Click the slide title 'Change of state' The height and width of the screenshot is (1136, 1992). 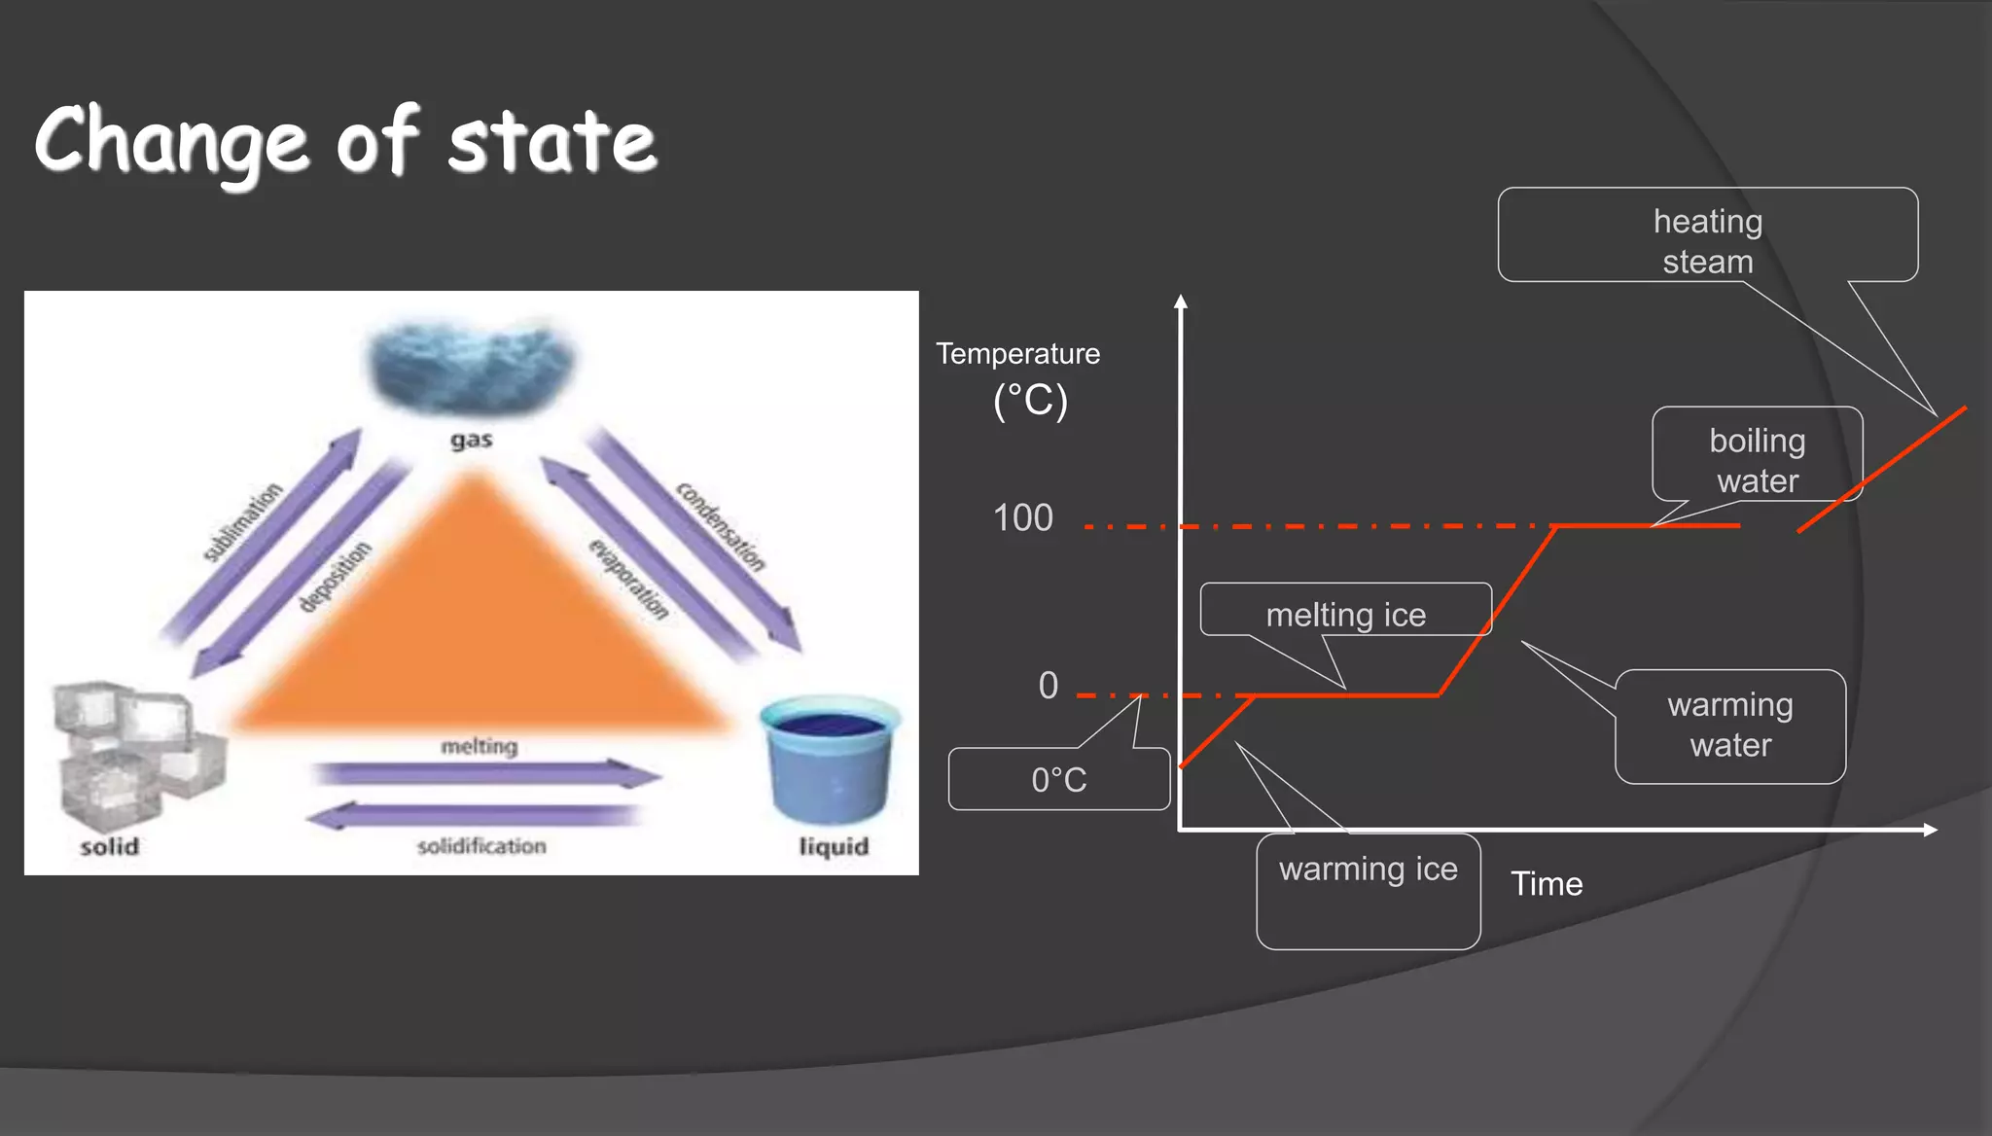(x=345, y=141)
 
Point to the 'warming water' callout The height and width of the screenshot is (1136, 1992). (x=1729, y=725)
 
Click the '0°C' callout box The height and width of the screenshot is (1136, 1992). (x=1058, y=779)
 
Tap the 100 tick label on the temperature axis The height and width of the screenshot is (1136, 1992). (x=1022, y=517)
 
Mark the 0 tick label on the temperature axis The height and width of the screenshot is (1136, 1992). (x=1048, y=686)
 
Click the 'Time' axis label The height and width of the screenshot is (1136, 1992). (x=1546, y=883)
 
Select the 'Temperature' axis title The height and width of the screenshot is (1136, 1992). (x=1017, y=354)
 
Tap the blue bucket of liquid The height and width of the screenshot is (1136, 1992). (x=829, y=759)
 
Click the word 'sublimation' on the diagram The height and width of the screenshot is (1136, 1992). (x=242, y=521)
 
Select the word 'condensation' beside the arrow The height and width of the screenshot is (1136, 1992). (x=721, y=526)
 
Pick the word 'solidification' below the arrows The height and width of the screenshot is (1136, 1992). (x=481, y=846)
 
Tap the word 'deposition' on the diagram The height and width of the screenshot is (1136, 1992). (x=335, y=576)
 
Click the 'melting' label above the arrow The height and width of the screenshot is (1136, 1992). (x=479, y=746)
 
